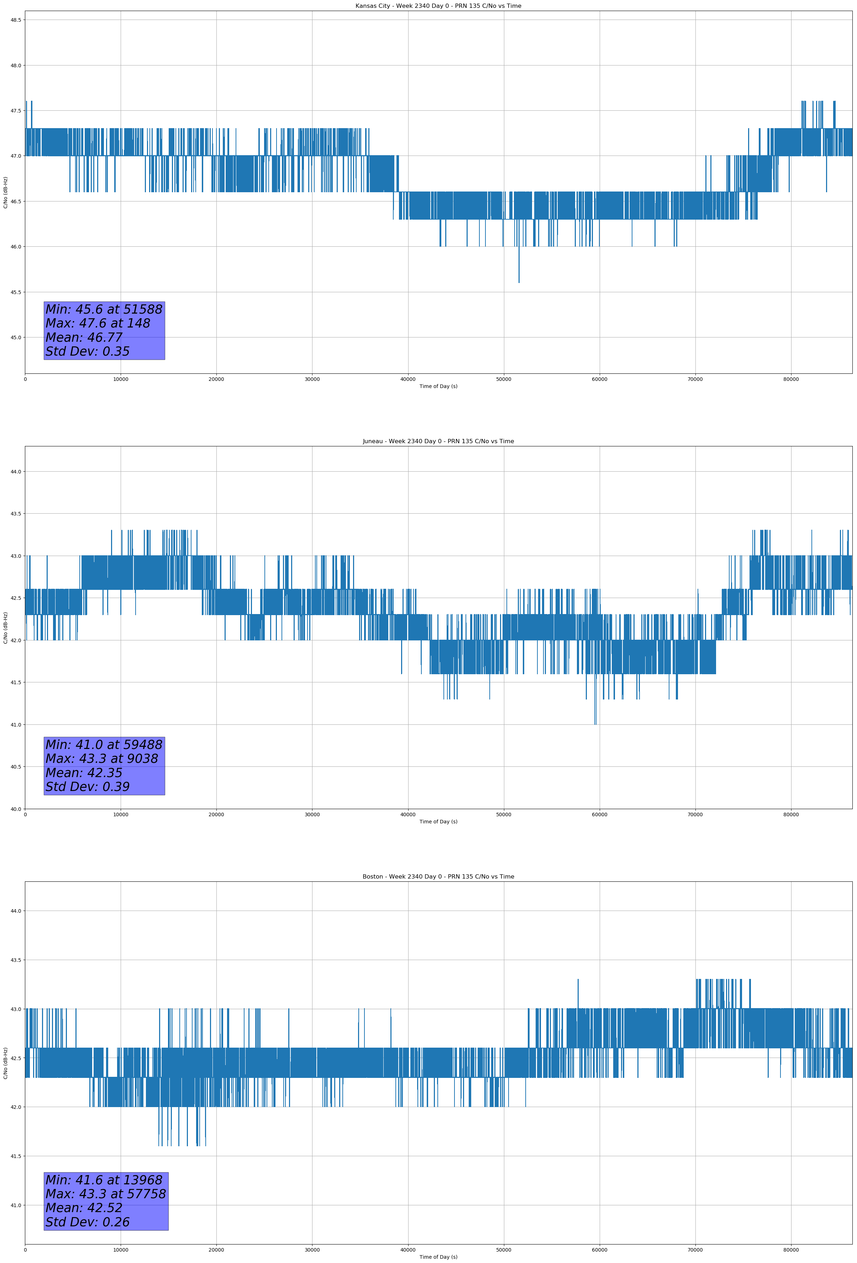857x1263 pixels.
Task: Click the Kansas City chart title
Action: (438, 6)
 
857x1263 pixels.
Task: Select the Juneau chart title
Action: (438, 441)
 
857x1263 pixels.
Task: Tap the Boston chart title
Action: (438, 877)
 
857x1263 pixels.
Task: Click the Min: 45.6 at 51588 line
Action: (104, 309)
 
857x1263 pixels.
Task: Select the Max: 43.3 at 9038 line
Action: (102, 759)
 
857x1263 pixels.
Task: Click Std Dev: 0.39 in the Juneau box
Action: (88, 787)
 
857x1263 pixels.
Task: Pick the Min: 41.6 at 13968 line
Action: (104, 1180)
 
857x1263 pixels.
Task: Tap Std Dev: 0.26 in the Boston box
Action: (88, 1222)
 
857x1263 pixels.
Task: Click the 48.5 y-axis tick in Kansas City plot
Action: (16, 20)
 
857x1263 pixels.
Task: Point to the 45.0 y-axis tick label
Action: (16, 337)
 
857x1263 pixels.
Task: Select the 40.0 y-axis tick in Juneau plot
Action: (16, 809)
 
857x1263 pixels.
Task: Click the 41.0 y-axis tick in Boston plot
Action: (16, 1205)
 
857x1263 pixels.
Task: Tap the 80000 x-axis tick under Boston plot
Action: (791, 1249)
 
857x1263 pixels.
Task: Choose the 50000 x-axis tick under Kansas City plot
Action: (503, 379)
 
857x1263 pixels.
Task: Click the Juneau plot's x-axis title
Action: (438, 822)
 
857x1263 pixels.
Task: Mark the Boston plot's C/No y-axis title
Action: (5, 1063)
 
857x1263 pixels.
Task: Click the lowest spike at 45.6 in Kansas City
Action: (519, 280)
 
